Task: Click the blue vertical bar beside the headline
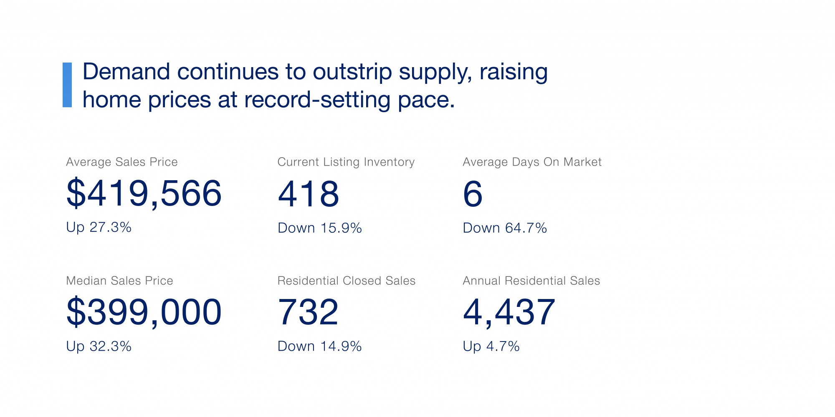click(67, 85)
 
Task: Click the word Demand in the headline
click(126, 72)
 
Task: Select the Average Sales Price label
click(122, 162)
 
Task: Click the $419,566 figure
click(144, 193)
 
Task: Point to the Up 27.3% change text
click(99, 228)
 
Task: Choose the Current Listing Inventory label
click(346, 162)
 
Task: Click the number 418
click(309, 194)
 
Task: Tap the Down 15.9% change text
click(320, 228)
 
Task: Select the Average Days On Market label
click(532, 162)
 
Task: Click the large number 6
click(473, 194)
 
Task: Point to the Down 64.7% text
click(505, 228)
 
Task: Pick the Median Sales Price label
click(119, 281)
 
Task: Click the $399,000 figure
click(144, 312)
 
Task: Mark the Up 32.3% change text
click(99, 347)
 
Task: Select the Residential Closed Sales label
click(347, 281)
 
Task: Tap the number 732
click(308, 312)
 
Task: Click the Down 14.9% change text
click(320, 347)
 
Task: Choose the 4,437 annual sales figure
click(509, 312)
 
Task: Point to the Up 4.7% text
click(491, 347)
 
